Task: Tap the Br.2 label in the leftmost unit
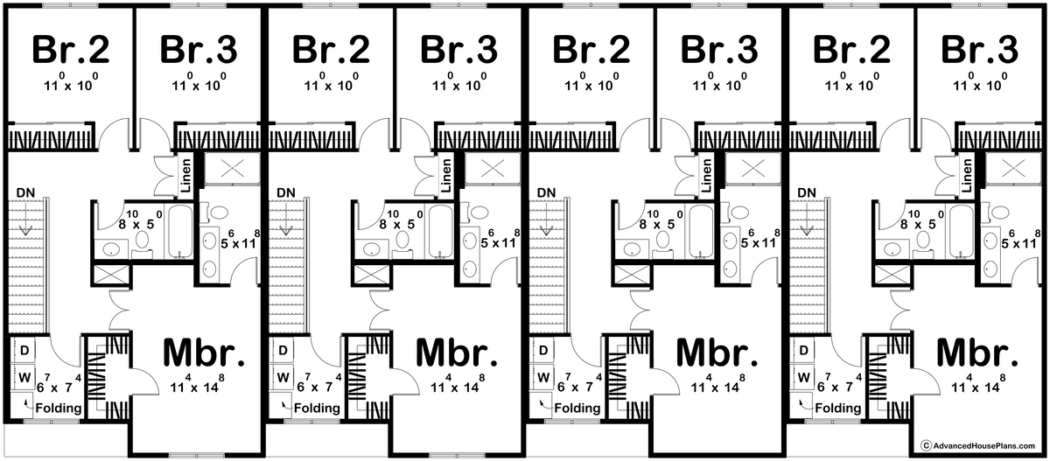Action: (x=71, y=49)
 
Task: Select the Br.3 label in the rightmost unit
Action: (x=979, y=49)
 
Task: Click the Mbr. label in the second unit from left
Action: (x=457, y=353)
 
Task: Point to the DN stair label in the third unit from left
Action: (x=546, y=192)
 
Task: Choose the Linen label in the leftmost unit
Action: (x=186, y=175)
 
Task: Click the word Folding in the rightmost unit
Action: (x=837, y=408)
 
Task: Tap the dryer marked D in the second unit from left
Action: (x=283, y=350)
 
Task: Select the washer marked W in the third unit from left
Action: (x=542, y=377)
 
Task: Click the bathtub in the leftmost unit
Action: (x=180, y=231)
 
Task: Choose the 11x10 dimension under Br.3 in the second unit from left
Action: (x=459, y=82)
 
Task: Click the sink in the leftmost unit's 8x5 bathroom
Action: (x=110, y=249)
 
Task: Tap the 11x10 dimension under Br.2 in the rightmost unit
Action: (x=851, y=82)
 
